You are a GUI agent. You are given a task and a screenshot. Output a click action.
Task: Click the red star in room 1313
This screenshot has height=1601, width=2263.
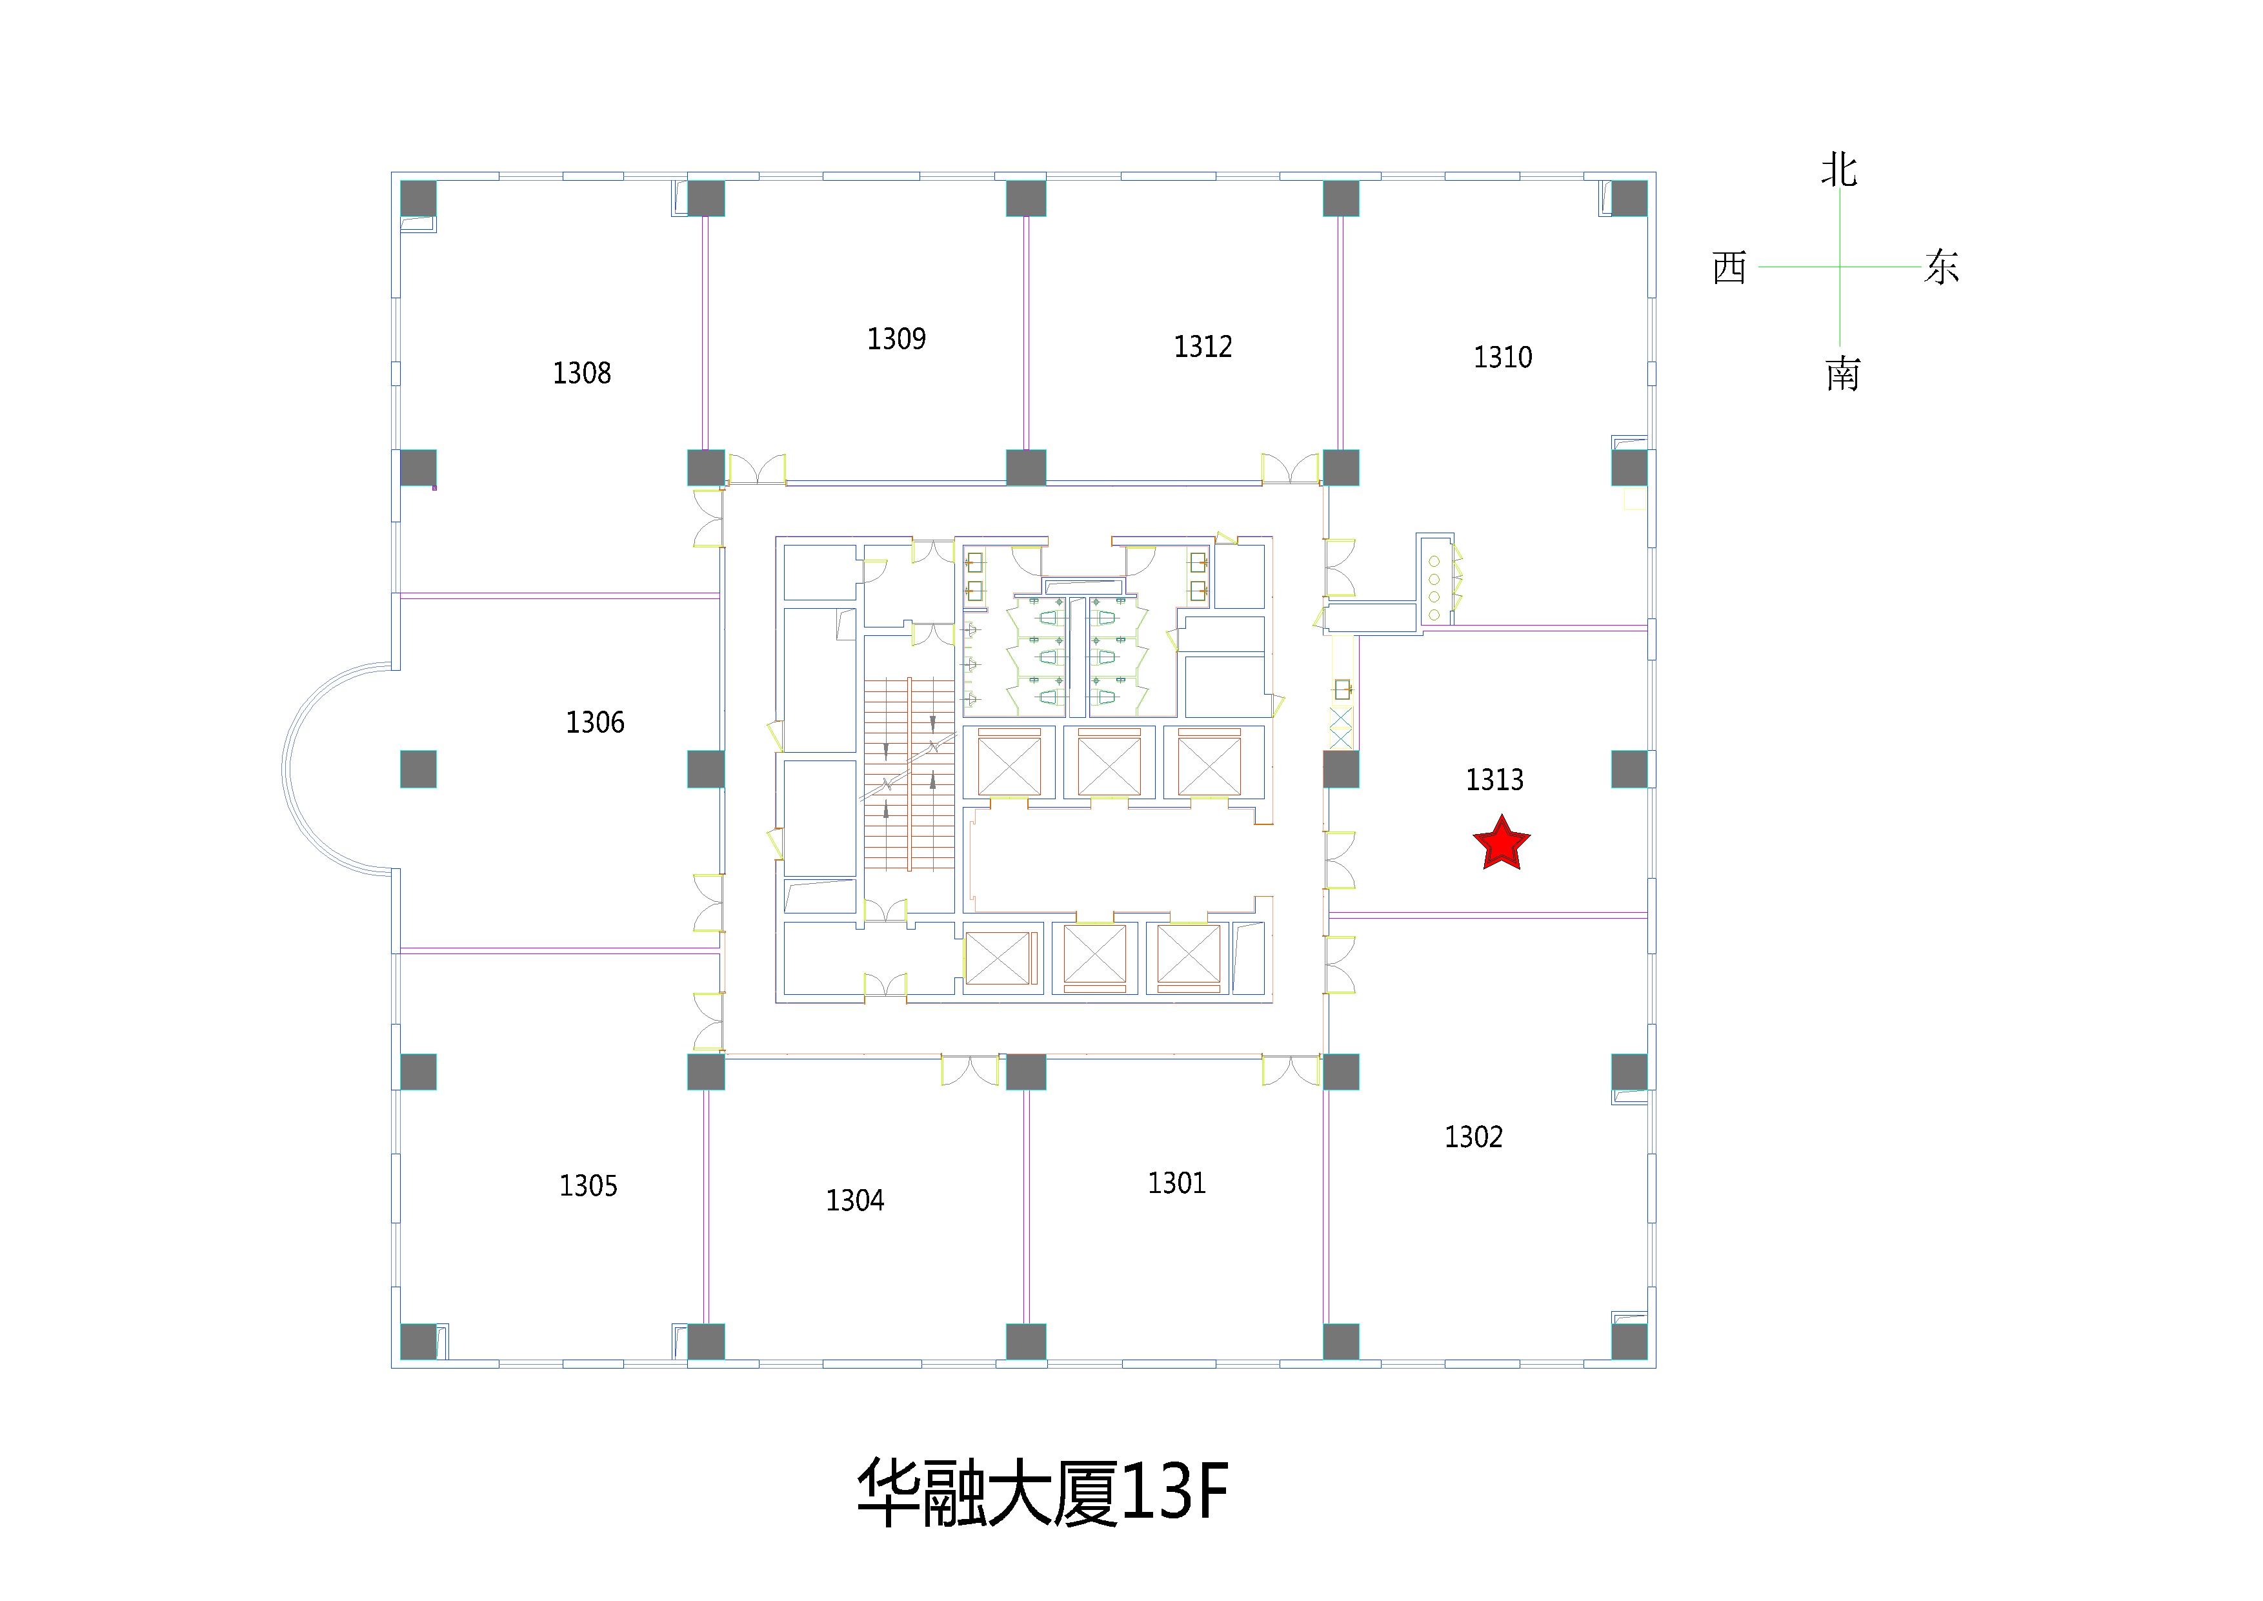point(1501,843)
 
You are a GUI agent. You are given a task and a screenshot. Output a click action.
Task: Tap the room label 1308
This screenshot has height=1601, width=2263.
point(581,372)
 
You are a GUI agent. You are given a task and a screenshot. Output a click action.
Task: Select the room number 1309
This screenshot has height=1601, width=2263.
point(896,339)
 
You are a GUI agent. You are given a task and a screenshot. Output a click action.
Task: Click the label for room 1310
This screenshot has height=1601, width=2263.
point(1502,357)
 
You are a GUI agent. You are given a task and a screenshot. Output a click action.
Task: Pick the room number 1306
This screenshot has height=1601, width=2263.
point(594,722)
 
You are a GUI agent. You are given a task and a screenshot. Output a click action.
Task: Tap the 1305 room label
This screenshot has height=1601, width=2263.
point(588,1185)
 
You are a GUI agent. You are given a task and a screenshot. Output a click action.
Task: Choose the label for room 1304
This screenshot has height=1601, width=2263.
point(854,1199)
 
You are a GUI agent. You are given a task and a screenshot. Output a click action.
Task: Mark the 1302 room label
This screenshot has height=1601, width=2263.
point(1474,1137)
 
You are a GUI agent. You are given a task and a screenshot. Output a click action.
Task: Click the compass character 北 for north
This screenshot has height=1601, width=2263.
point(1839,170)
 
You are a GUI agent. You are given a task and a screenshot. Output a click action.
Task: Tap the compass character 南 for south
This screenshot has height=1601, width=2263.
point(1842,374)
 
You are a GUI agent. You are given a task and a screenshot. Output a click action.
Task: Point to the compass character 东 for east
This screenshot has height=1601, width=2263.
point(1942,266)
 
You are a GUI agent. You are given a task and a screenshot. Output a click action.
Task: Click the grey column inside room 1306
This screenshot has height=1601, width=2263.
point(418,769)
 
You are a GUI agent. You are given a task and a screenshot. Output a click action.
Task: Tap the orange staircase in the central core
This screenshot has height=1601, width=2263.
point(909,775)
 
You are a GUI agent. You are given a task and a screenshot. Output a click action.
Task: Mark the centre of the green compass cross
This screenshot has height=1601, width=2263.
point(1839,266)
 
